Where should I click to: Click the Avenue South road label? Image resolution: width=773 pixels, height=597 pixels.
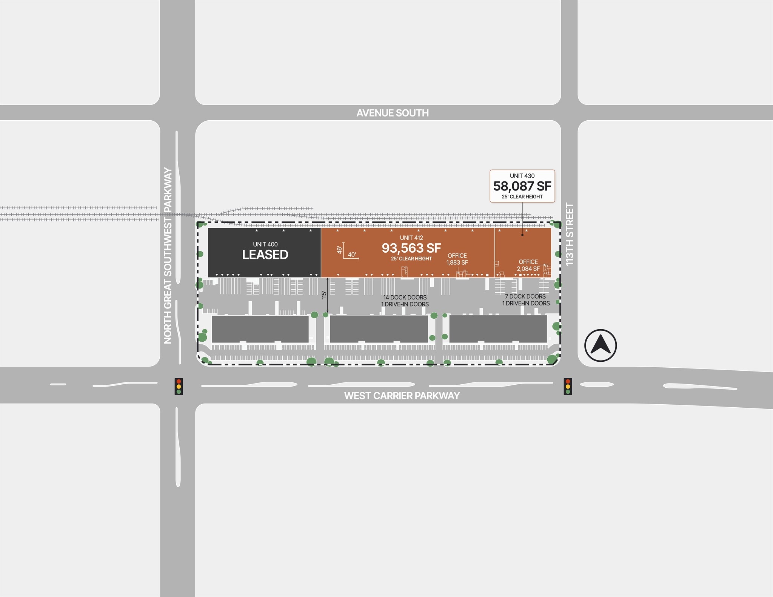[x=393, y=113]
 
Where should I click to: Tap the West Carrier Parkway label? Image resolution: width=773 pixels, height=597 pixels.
[x=402, y=396]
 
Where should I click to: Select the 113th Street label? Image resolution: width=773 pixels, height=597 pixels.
[x=570, y=234]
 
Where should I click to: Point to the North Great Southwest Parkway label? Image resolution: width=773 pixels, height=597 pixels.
[x=168, y=256]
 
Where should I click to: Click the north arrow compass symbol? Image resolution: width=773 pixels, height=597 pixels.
[x=600, y=345]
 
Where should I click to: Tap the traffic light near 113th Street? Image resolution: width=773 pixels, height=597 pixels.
[x=568, y=387]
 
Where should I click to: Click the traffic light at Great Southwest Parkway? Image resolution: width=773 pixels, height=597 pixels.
[x=179, y=387]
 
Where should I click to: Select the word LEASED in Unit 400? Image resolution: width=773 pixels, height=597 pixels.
[x=265, y=255]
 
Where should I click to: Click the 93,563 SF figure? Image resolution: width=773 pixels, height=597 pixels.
[x=411, y=248]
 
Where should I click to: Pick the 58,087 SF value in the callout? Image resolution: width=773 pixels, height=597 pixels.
[x=522, y=186]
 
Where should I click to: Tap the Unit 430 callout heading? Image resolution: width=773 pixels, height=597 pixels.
[x=522, y=176]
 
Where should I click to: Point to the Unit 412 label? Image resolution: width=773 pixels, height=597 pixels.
[x=411, y=238]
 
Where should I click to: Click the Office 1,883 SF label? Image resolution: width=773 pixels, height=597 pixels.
[x=457, y=259]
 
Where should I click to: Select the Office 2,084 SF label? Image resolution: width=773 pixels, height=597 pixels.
[x=528, y=265]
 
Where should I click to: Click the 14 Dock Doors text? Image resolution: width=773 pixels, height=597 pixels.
[x=405, y=297]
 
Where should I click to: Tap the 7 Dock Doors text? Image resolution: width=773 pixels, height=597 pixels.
[x=525, y=296]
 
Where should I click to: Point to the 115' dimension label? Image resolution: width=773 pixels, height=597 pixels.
[x=324, y=295]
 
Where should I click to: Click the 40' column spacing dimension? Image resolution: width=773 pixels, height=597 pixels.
[x=352, y=255]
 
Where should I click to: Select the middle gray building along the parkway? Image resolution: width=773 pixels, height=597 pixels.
[x=379, y=329]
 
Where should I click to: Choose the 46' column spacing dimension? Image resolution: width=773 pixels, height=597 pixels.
[x=339, y=250]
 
